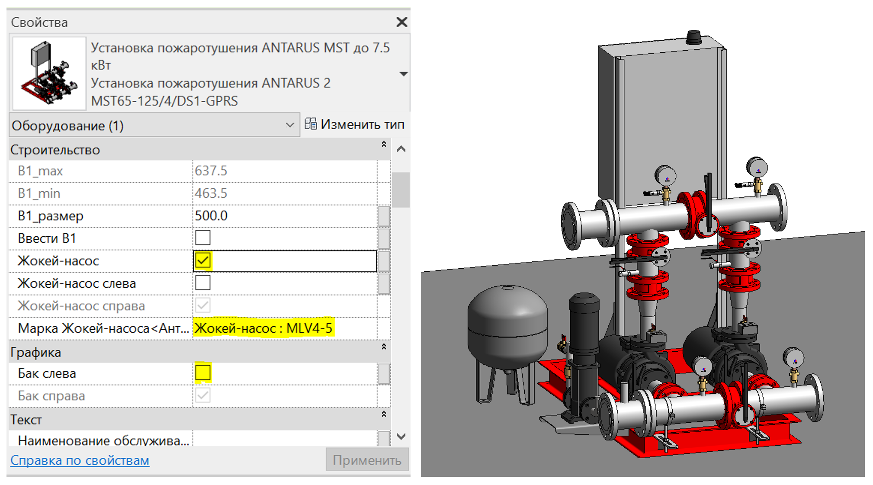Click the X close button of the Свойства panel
(x=402, y=22)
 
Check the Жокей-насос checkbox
(x=203, y=260)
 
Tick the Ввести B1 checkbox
(x=203, y=238)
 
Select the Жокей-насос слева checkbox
(x=203, y=283)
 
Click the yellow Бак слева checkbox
(x=203, y=373)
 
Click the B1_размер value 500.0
(x=211, y=215)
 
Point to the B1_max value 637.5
(x=211, y=170)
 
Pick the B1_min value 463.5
(x=211, y=193)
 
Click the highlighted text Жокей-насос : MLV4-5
(x=263, y=328)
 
